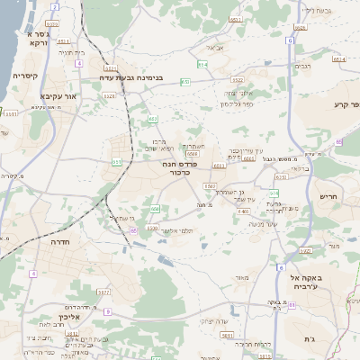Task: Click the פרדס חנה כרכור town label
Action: (180, 167)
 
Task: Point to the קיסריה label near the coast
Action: (24, 76)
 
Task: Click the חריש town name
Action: (328, 196)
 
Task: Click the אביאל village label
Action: (215, 47)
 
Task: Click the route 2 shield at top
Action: (54, 6)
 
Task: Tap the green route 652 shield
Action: (184, 82)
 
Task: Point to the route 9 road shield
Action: (107, 311)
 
